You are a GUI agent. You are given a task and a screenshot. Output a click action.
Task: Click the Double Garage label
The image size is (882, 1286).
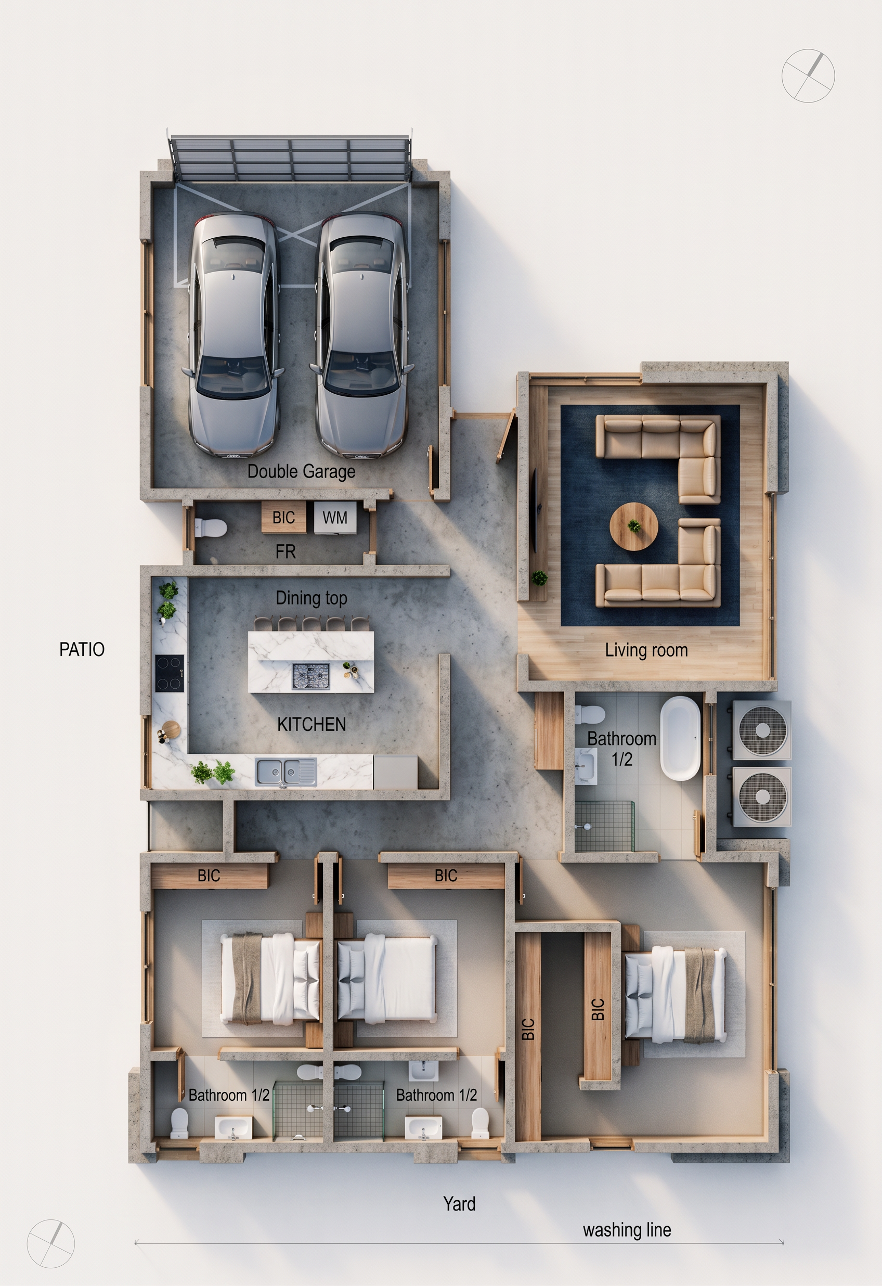coord(301,471)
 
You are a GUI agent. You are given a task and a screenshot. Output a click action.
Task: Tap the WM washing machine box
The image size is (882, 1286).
coord(335,518)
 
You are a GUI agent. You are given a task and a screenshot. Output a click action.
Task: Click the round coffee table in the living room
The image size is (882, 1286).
coord(633,526)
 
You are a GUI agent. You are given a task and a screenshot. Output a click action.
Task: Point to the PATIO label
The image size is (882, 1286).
coord(82,649)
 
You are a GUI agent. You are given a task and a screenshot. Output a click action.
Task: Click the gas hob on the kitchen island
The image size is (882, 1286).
coord(311,676)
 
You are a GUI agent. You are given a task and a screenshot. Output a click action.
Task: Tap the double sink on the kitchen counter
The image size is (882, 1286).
coord(286,772)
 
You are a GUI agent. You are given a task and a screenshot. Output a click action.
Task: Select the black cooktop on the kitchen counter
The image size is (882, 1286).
coord(170,674)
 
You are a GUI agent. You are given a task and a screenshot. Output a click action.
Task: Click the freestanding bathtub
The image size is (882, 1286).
coord(680,738)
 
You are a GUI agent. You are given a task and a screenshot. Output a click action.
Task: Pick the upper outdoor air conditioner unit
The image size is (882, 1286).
coord(762,730)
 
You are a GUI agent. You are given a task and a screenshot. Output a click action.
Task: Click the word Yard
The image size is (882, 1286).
coord(459,1204)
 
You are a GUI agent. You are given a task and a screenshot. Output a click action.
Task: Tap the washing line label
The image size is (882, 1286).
coord(627,1230)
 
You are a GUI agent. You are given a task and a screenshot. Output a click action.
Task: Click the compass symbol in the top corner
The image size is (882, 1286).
coord(808,75)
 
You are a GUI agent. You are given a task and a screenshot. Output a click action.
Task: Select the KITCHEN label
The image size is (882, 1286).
coord(312,724)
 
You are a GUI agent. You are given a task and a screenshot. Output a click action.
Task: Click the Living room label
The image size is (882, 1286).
coord(646,650)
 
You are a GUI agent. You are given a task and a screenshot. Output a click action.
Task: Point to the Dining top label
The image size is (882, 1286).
coord(312,598)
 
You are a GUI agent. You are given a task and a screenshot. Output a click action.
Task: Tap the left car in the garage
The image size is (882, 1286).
coord(234,335)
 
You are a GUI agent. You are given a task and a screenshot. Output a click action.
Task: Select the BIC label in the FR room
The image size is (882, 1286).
coord(283,518)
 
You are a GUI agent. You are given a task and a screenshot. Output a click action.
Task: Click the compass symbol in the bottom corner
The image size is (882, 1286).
coord(50,1243)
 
